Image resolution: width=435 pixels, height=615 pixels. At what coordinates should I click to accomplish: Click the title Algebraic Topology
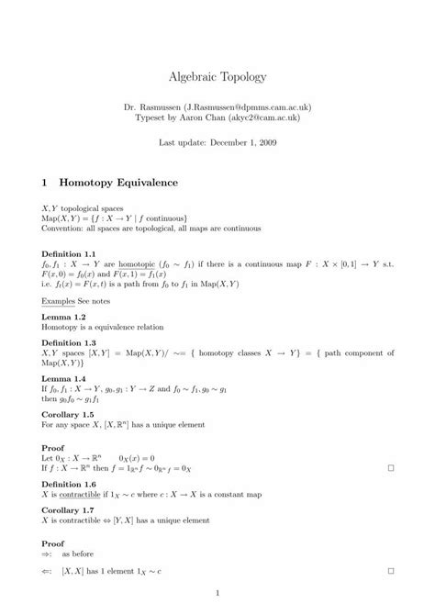217,78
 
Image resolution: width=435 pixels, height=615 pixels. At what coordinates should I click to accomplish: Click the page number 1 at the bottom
217,592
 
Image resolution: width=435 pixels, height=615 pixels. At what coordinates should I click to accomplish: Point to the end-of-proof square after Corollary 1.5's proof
390,468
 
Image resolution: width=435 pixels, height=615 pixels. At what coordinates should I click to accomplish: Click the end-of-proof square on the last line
390,570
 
